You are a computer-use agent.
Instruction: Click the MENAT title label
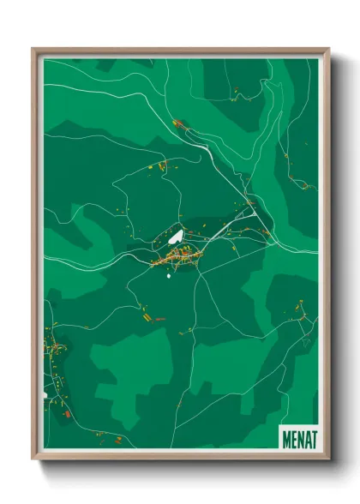pyautogui.click(x=299, y=437)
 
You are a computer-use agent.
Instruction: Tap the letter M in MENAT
pyautogui.click(x=286, y=437)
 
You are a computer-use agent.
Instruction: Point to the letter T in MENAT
pyautogui.click(x=313, y=437)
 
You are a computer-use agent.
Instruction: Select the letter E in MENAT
pyautogui.click(x=293, y=437)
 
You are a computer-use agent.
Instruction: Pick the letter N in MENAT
pyautogui.click(x=300, y=437)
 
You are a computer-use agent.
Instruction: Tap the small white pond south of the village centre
pyautogui.click(x=170, y=276)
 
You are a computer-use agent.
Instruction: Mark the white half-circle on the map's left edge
pyautogui.click(x=45, y=395)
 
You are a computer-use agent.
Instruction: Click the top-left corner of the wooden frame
pyautogui.click(x=33, y=49)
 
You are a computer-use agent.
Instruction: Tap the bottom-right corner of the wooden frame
pyautogui.click(x=329, y=460)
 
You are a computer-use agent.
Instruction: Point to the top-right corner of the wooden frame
pyautogui.click(x=329, y=49)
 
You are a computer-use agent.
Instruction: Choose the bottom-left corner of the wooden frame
pyautogui.click(x=33, y=460)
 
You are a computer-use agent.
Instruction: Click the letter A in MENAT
pyautogui.click(x=307, y=437)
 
